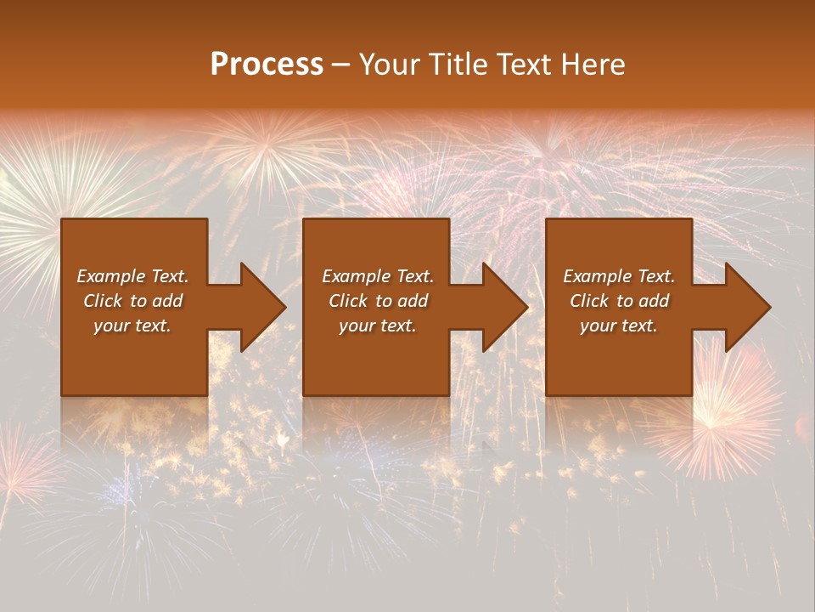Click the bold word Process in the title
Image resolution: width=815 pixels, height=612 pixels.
pyautogui.click(x=267, y=65)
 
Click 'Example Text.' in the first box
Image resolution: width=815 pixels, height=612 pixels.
pyautogui.click(x=133, y=276)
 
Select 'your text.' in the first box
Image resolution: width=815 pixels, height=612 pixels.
pyautogui.click(x=132, y=326)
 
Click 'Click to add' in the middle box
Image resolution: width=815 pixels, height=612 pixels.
pyautogui.click(x=378, y=301)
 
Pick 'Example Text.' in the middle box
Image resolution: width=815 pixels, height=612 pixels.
pyautogui.click(x=378, y=276)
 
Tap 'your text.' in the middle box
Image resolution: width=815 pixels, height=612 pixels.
pyautogui.click(x=377, y=326)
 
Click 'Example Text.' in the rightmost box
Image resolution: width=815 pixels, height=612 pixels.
pyautogui.click(x=619, y=276)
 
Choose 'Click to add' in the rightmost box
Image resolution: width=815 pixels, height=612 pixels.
pyautogui.click(x=619, y=301)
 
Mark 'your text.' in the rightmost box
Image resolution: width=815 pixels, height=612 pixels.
pyautogui.click(x=618, y=326)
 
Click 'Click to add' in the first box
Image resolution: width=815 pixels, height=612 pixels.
pyautogui.click(x=133, y=301)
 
